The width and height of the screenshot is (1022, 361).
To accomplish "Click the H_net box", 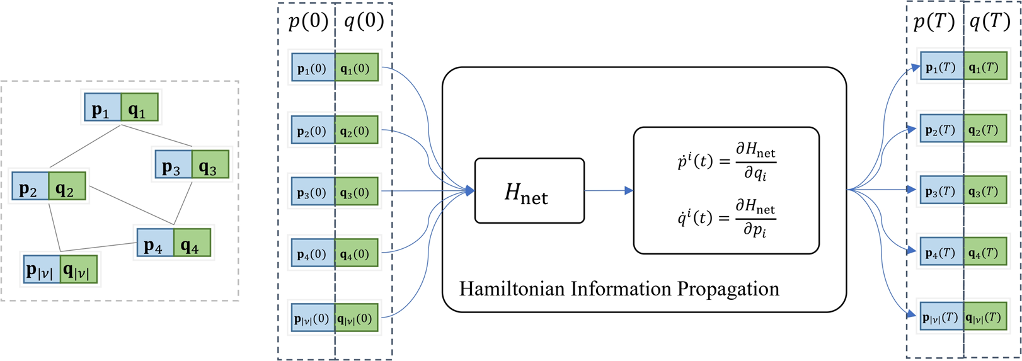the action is [529, 191].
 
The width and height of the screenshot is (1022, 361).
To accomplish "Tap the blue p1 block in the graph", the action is [103, 107].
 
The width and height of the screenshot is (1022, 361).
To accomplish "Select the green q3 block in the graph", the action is [210, 165].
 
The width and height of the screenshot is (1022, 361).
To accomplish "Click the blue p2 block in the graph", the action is [30, 186].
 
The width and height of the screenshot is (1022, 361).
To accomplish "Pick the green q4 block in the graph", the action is [192, 243].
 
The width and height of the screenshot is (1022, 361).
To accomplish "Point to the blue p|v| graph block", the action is [42, 269].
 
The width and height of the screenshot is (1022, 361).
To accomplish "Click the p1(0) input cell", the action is [313, 67].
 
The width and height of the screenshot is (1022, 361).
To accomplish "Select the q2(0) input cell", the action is [357, 130].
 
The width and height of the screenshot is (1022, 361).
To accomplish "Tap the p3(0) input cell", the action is [313, 192].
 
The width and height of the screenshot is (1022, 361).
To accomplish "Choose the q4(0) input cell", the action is [357, 253].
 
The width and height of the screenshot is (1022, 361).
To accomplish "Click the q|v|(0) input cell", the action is [357, 318].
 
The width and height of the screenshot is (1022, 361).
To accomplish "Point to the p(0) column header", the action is [308, 21].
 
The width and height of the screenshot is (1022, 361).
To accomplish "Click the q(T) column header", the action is [989, 21].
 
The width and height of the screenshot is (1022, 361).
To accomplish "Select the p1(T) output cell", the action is [942, 67].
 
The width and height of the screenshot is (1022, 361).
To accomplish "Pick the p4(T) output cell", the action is [942, 251].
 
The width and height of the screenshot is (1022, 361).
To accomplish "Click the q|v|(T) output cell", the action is [985, 317].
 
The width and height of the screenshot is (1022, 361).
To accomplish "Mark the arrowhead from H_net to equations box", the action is [629, 191].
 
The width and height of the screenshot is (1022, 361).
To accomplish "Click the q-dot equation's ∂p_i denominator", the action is [755, 230].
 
